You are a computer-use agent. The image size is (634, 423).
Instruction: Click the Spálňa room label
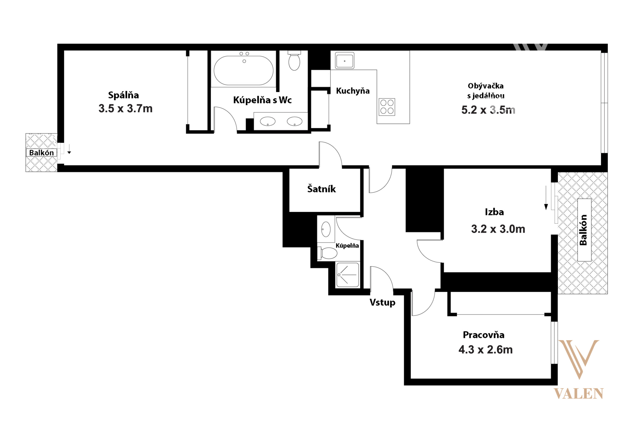123,95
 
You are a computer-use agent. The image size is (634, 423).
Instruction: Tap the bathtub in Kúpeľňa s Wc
243,70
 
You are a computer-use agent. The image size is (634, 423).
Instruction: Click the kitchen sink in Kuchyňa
345,60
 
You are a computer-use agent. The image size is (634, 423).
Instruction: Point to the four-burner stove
387,107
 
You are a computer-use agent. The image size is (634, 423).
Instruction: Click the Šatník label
321,189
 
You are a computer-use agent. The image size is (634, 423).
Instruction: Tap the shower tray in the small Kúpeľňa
348,275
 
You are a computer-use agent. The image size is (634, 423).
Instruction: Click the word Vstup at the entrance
382,302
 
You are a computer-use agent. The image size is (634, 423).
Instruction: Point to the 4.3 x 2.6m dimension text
485,350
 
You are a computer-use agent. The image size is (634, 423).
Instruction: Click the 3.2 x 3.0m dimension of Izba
498,229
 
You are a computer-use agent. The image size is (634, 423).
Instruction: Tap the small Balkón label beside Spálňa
41,153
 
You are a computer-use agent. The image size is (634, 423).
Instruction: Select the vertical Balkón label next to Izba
584,230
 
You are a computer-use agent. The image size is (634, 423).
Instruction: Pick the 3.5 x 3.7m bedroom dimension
125,109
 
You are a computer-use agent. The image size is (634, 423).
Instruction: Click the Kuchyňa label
353,91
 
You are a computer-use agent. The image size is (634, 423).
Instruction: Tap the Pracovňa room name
484,335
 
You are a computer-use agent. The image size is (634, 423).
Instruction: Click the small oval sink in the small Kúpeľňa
326,229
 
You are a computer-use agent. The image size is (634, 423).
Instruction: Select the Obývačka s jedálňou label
485,91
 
